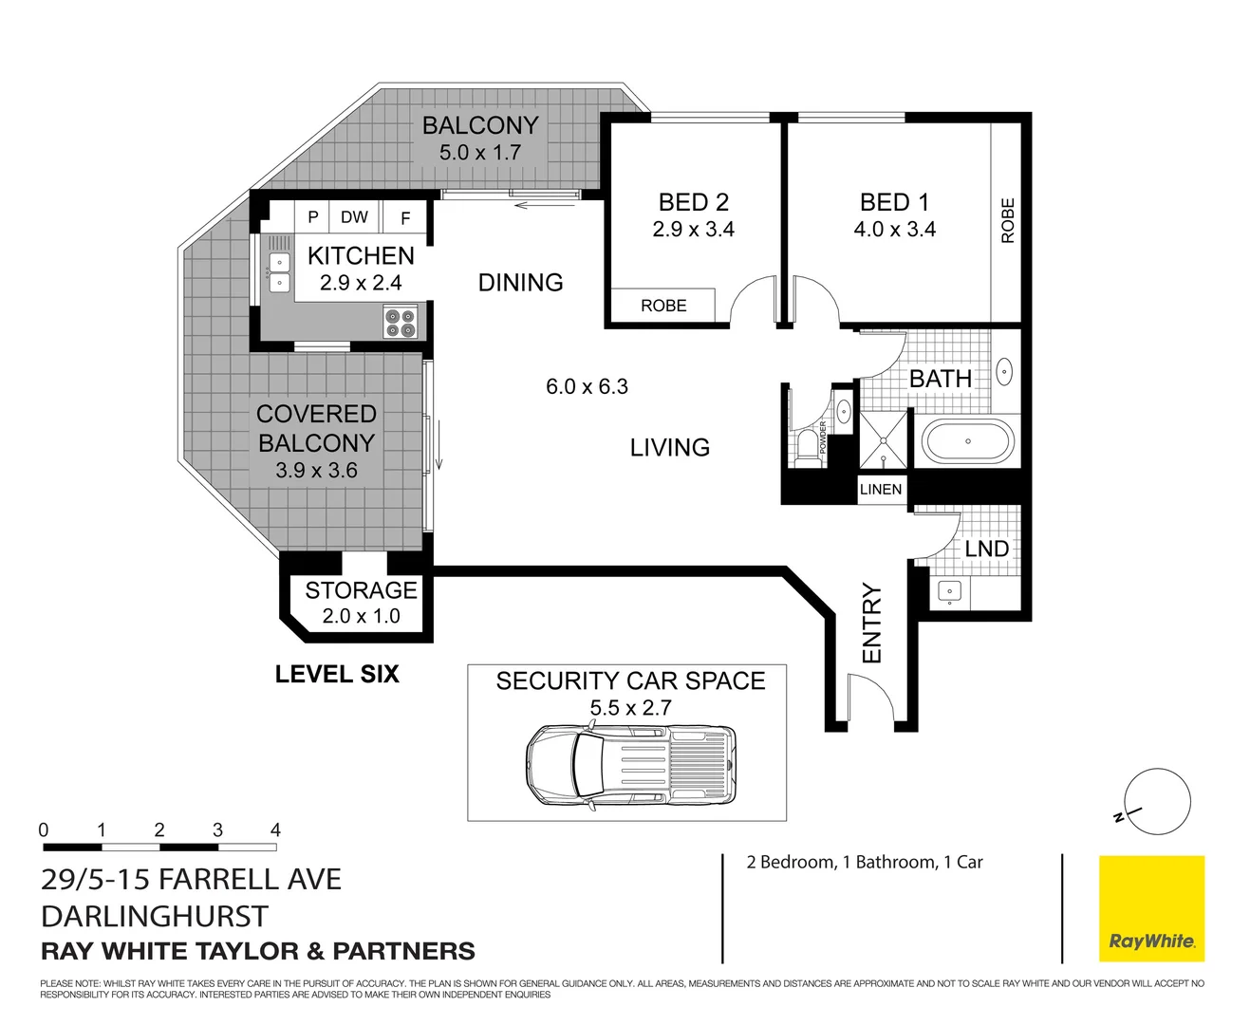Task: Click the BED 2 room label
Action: click(x=693, y=202)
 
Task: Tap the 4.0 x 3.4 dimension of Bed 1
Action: click(x=894, y=230)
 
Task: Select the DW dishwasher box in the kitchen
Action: click(x=354, y=217)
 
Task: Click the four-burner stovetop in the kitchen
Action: click(x=400, y=323)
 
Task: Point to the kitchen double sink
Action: click(x=279, y=271)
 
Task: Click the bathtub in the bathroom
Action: click(x=967, y=442)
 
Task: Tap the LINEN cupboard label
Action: click(x=880, y=490)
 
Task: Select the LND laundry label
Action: click(x=986, y=550)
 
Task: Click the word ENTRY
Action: click(x=871, y=623)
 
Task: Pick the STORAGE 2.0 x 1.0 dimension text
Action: click(x=361, y=616)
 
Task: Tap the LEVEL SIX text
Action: click(x=337, y=675)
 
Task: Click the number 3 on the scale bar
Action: click(x=217, y=830)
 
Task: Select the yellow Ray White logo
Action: click(x=1151, y=909)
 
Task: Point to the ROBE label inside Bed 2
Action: click(x=663, y=306)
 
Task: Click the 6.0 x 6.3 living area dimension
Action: click(x=587, y=387)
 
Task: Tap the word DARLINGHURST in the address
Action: click(x=155, y=917)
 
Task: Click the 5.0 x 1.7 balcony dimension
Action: click(x=479, y=153)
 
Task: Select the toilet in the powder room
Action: click(x=808, y=443)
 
